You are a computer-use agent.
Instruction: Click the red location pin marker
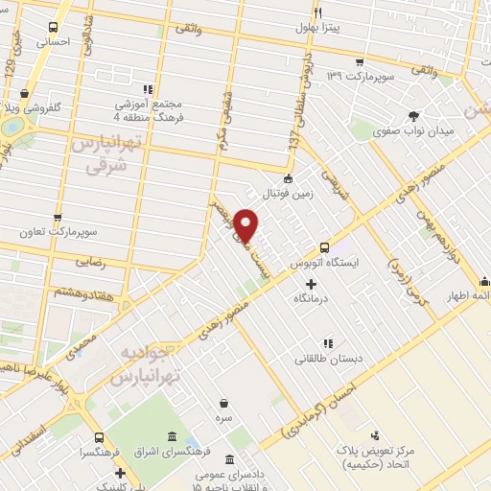click(247, 224)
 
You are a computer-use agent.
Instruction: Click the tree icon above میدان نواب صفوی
click(414, 113)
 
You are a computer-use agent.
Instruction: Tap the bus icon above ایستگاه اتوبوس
click(324, 245)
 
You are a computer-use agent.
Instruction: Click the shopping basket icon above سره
click(223, 404)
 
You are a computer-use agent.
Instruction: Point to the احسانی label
click(53, 42)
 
